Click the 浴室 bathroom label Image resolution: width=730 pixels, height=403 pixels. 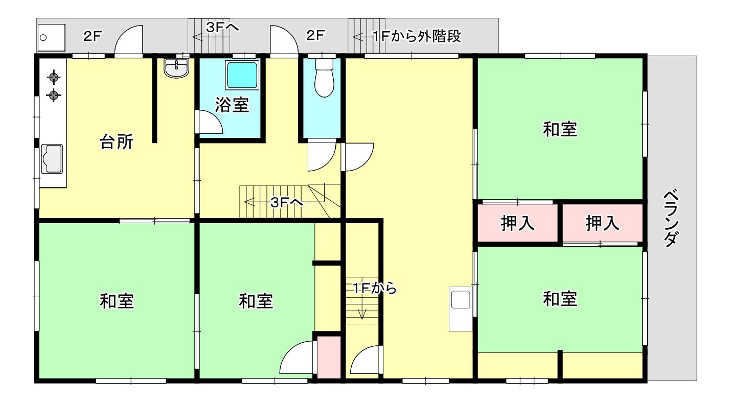point(232,105)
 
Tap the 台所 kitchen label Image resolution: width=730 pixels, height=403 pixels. point(117,142)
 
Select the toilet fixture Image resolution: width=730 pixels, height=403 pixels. point(324,78)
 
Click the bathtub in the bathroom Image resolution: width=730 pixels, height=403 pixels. point(242,75)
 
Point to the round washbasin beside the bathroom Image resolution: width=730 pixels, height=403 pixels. point(176,68)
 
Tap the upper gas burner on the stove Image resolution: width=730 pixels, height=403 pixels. point(54,78)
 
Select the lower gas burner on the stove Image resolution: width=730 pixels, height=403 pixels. point(54,95)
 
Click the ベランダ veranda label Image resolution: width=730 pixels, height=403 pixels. point(671,218)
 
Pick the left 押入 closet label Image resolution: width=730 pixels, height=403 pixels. point(517,223)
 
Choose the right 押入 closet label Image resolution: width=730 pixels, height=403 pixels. point(602,223)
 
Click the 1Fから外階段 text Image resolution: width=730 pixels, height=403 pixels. point(417,36)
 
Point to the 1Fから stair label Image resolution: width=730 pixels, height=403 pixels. point(375,289)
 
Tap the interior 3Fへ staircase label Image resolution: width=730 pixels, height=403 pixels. point(287,203)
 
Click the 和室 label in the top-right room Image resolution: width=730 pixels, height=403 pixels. point(560,129)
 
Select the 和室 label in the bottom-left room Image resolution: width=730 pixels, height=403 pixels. point(117,301)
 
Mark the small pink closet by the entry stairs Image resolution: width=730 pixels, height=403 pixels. point(329,357)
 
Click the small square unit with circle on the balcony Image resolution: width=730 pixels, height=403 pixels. point(52,38)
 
